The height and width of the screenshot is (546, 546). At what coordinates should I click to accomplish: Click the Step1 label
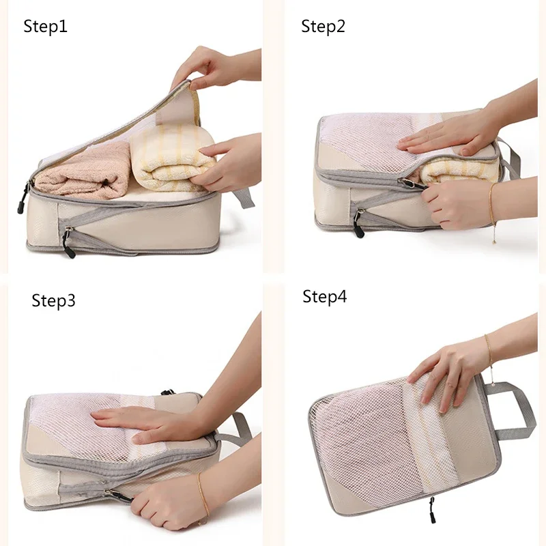click(45, 27)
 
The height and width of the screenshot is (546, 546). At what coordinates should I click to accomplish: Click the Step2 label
click(323, 27)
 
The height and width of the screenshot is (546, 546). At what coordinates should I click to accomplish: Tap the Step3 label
click(53, 301)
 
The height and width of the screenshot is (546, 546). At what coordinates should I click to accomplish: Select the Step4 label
click(325, 297)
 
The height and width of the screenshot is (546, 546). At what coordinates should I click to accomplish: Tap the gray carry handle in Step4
click(514, 411)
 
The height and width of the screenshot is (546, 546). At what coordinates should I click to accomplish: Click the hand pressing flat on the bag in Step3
click(146, 425)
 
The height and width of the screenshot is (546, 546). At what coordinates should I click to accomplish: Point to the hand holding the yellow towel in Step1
click(227, 164)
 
